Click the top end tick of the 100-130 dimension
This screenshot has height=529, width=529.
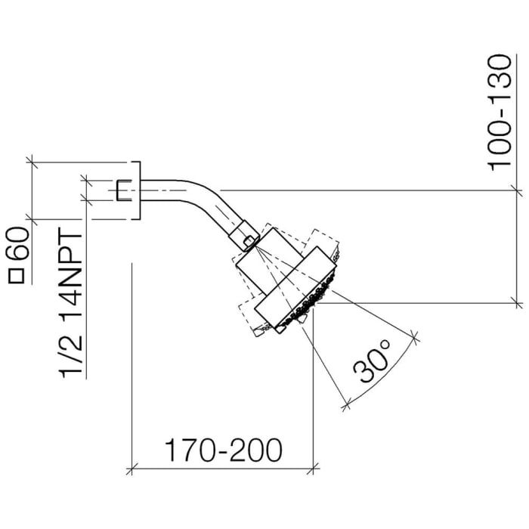tap(516, 190)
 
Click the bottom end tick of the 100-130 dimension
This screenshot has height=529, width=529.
tap(516, 303)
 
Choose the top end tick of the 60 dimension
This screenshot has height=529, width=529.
tap(32, 161)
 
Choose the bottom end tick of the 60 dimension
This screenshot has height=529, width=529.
tap(32, 220)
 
